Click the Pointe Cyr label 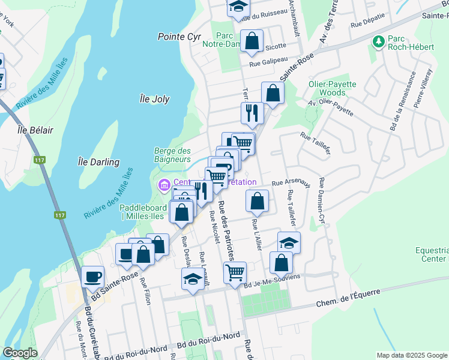tap(179, 37)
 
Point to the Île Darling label tap(99, 162)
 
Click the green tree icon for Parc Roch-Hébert tap(378, 41)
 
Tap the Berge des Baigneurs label tap(172, 155)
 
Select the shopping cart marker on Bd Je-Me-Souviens tap(235, 272)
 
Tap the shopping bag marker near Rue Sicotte tap(252, 41)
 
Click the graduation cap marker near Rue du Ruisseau tap(238, 7)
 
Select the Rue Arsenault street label tap(291, 183)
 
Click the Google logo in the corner tap(20, 353)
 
